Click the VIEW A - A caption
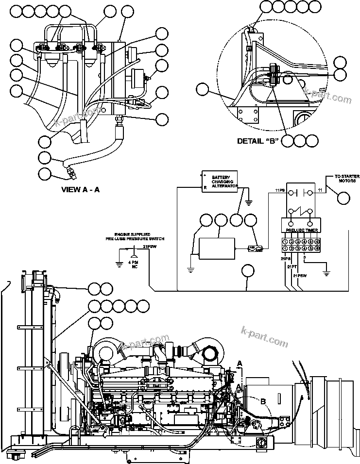coord(80,190)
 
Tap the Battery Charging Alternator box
coord(220,181)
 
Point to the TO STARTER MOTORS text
coord(347,179)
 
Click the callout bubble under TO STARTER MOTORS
coord(343,198)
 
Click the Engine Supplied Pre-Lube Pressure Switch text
coord(136,236)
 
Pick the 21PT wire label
coord(292,266)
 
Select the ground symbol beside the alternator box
coord(248,202)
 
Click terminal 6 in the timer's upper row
coord(317,241)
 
